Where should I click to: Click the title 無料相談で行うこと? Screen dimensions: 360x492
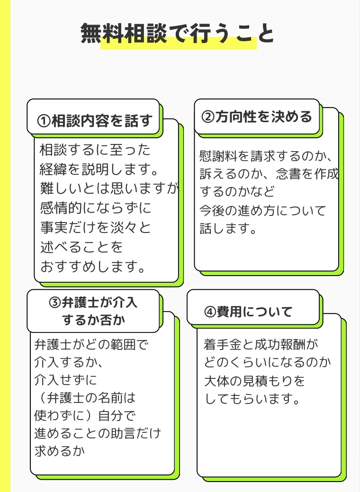[178, 34]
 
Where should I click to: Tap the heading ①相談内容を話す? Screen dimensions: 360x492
[96, 121]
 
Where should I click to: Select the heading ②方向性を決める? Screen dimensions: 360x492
[257, 117]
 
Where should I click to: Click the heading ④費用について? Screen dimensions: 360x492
[248, 312]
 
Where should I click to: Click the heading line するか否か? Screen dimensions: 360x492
[93, 320]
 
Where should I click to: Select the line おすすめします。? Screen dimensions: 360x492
[92, 266]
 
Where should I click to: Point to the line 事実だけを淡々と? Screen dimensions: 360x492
[95, 227]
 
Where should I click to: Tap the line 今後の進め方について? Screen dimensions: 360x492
[263, 210]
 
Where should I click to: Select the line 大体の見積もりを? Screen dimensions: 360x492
[254, 381]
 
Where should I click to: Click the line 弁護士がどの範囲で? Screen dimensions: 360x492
[92, 344]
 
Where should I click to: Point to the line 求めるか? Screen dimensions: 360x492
[60, 451]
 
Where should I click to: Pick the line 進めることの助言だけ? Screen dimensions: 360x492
[98, 433]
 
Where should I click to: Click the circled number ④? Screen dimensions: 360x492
[210, 312]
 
